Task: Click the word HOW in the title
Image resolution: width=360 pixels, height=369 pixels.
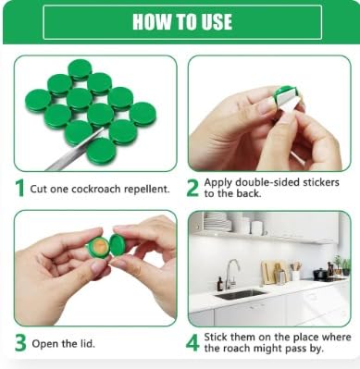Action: coord(152,23)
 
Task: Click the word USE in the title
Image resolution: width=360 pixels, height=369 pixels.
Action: coord(213,23)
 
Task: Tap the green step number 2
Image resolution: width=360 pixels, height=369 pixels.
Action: coord(193,188)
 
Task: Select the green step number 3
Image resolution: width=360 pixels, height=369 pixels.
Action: coord(19,344)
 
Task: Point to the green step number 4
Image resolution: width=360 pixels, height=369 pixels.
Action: coord(193,343)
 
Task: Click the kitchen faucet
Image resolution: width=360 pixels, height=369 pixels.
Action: coord(230,272)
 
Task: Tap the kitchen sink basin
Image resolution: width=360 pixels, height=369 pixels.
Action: coord(242,293)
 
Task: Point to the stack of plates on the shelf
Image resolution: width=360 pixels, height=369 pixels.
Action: coord(216,224)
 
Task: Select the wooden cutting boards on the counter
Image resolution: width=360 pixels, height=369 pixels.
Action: coord(270,272)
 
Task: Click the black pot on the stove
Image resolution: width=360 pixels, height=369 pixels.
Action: coord(320,273)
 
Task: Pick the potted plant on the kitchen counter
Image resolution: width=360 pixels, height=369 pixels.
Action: coord(337,264)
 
